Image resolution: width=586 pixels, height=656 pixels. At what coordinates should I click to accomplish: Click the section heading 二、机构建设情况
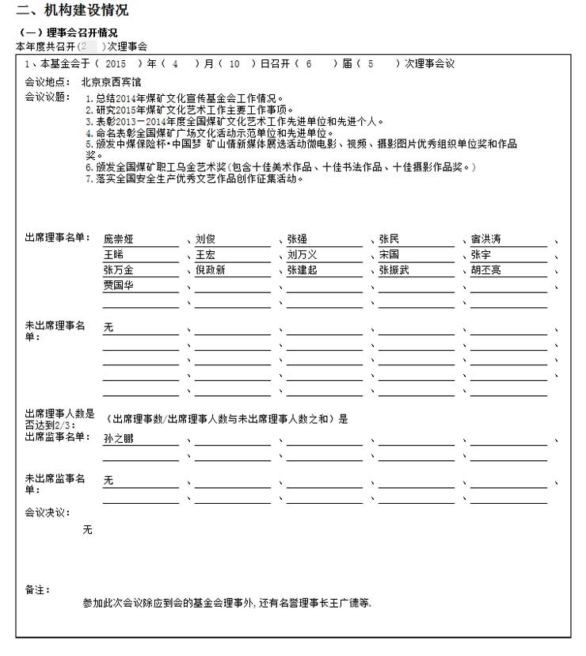(72, 10)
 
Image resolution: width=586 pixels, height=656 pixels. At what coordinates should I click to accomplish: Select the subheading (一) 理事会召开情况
(67, 32)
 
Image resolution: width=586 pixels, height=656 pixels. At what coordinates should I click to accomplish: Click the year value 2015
(116, 63)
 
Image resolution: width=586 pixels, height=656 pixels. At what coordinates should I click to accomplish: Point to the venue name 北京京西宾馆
(111, 82)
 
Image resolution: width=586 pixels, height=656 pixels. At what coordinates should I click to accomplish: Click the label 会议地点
(47, 82)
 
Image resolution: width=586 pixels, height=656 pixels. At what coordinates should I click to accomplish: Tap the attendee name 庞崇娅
(119, 239)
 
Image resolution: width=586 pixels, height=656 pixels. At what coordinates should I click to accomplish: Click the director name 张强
(297, 239)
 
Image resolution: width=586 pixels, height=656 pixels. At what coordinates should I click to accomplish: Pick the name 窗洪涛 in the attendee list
(485, 239)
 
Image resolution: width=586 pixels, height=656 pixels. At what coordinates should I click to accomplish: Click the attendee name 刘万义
(302, 255)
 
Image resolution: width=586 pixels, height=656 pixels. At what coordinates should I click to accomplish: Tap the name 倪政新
(210, 270)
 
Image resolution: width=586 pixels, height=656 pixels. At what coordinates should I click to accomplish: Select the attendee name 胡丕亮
(485, 270)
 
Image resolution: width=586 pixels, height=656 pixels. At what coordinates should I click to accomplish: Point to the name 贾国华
(119, 285)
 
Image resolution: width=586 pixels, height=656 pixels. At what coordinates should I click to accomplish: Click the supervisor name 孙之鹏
(119, 438)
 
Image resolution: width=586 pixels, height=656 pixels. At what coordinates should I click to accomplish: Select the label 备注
(37, 589)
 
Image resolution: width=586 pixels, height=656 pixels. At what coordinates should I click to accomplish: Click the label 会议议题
(47, 97)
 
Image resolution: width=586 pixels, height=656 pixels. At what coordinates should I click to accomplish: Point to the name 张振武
(394, 270)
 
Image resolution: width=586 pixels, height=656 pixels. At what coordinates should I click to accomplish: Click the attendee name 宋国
(389, 255)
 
